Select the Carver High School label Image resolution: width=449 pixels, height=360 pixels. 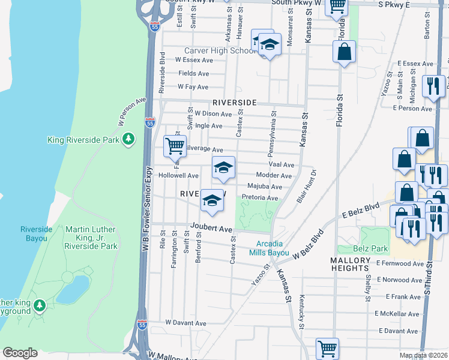point(220,51)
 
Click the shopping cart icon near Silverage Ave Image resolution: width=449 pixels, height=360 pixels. point(175,145)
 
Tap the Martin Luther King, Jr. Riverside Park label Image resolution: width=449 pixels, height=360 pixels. point(91,238)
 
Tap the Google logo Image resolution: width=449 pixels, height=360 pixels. point(20,353)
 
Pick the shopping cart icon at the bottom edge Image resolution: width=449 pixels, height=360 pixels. point(327,348)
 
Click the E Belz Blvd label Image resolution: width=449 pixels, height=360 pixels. point(361,211)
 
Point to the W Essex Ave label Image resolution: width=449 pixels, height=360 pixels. point(194,60)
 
